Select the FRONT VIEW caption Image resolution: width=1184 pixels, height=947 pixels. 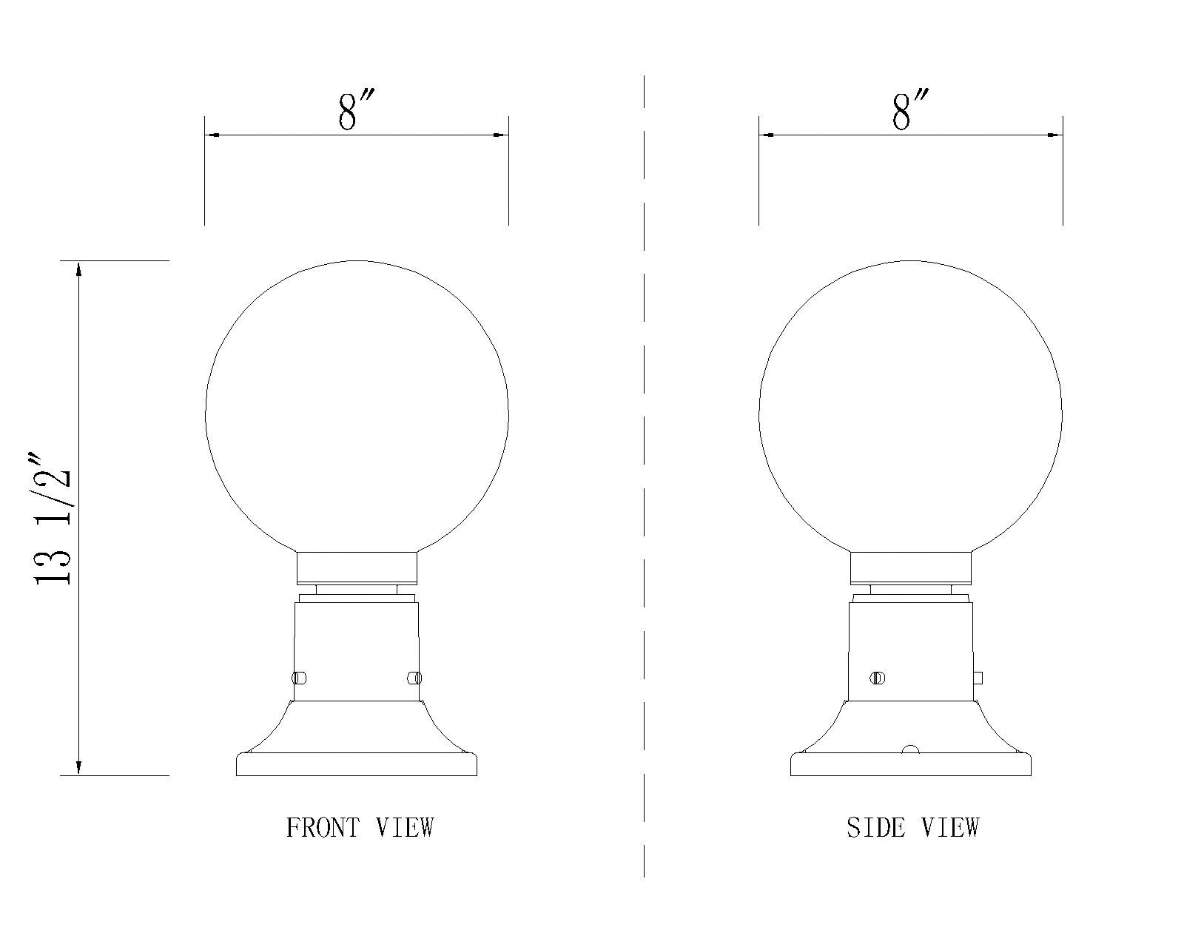pos(360,827)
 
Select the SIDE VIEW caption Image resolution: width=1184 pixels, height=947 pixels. pos(913,827)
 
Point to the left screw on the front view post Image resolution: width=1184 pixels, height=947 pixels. pos(300,677)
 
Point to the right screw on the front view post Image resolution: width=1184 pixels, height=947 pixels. pos(414,677)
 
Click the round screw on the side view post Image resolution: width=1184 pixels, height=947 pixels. pos(878,677)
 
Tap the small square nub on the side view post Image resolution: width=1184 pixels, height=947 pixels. pos(978,677)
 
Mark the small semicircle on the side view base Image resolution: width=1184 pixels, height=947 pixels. pos(910,750)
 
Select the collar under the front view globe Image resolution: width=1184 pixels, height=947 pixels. pos(357,567)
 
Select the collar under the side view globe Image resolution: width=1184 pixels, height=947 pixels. pos(910,567)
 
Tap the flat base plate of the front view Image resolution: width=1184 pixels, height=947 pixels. pos(357,765)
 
